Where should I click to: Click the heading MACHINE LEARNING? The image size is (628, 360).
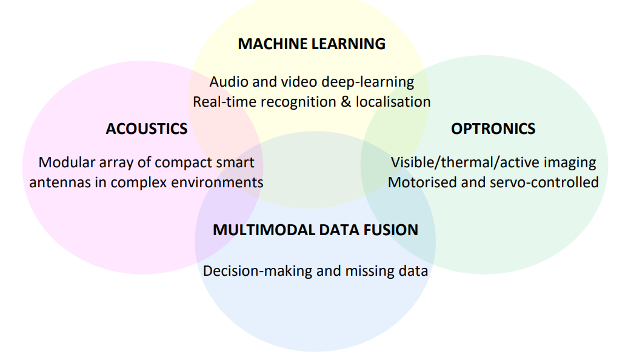click(x=312, y=44)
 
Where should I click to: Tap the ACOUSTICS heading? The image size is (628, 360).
click(x=147, y=128)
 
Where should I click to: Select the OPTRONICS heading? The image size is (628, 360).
click(x=493, y=128)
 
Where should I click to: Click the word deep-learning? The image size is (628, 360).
click(x=368, y=82)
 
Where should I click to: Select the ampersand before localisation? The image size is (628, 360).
click(x=346, y=102)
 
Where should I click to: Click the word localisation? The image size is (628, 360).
click(x=393, y=102)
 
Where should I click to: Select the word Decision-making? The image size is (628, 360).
click(x=258, y=271)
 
